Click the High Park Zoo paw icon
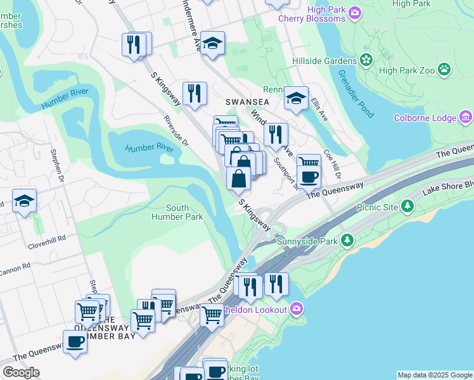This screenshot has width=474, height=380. [x=444, y=69]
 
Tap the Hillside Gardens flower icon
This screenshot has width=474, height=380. [x=366, y=61]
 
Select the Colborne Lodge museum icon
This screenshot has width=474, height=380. [x=466, y=117]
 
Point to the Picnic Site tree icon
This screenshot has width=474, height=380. [x=408, y=206]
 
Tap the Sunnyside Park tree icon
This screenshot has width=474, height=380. [x=347, y=241]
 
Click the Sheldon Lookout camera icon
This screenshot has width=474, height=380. [x=296, y=309]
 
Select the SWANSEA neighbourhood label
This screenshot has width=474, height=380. [x=247, y=101]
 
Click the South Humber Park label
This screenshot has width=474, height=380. [x=177, y=212]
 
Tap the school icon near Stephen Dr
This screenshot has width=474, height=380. [x=24, y=201]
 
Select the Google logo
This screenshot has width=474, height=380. [x=21, y=372]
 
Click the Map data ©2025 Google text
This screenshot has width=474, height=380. [x=434, y=375]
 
